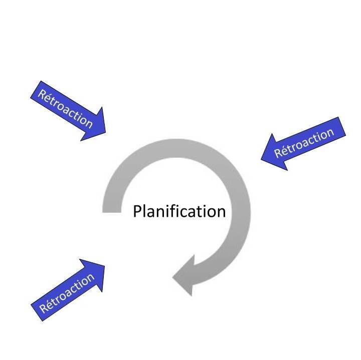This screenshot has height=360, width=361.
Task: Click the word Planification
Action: coord(179,212)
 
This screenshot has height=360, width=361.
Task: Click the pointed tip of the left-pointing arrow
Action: coord(261,159)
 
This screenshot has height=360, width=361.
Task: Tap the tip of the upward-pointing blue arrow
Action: coord(105,264)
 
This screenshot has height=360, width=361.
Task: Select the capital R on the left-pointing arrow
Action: coord(279,153)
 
